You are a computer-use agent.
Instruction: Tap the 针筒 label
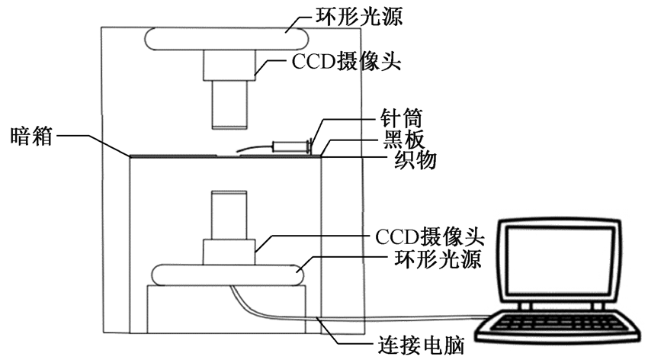[x=401, y=119]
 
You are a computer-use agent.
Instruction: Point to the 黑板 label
[x=401, y=140]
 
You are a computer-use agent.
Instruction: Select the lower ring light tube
[x=229, y=274]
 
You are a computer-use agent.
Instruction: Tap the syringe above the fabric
[x=294, y=144]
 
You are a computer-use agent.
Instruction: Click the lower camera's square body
[x=229, y=250]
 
